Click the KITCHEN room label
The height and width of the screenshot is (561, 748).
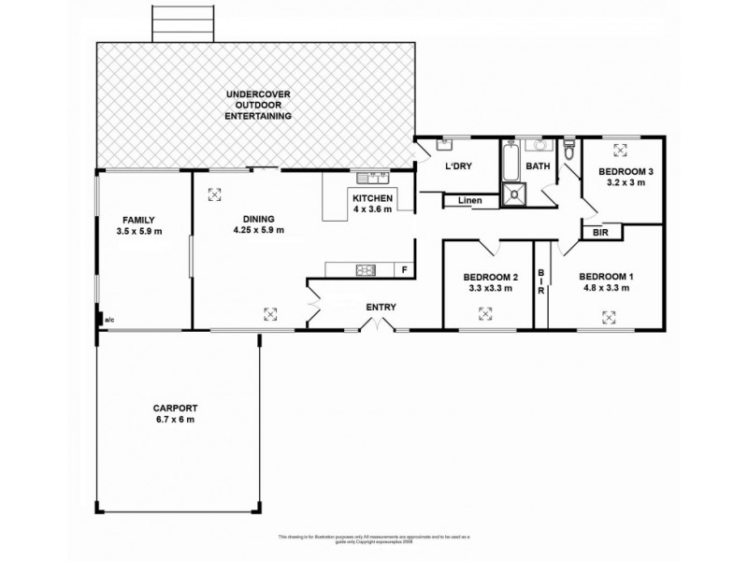point(372,199)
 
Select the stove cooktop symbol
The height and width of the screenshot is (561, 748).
point(363,271)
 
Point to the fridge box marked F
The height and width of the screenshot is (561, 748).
point(404,271)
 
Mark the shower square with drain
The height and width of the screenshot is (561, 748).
point(515,194)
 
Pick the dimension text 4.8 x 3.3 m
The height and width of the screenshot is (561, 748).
point(606,288)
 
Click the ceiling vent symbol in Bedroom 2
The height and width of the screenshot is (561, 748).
point(487,314)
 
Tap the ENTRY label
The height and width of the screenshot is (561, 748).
point(381,307)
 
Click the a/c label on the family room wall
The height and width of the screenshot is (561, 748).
point(109,320)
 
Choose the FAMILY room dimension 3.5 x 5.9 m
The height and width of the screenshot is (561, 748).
point(138,230)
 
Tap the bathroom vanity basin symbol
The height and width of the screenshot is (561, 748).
point(538,145)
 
